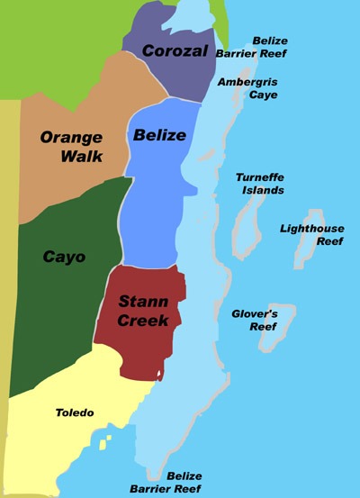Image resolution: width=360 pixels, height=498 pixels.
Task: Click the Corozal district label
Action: click(x=175, y=50)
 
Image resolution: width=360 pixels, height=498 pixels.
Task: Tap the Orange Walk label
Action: click(x=71, y=147)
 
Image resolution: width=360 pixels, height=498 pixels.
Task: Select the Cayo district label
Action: click(x=64, y=257)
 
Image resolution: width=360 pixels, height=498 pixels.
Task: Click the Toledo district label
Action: click(x=74, y=412)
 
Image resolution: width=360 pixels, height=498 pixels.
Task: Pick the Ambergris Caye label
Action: click(x=242, y=87)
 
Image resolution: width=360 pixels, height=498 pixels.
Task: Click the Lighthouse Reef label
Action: click(x=311, y=234)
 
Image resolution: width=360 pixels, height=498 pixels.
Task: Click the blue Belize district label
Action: click(x=159, y=136)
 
